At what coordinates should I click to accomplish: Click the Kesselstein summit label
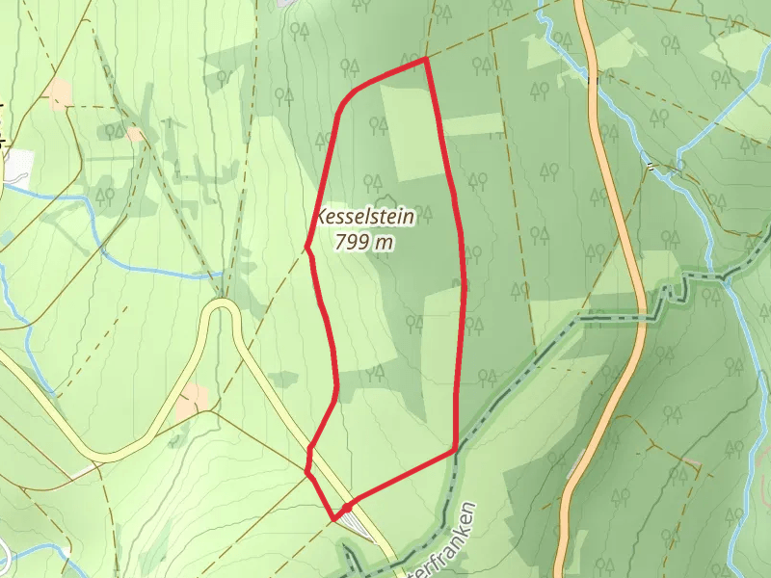pos(366,218)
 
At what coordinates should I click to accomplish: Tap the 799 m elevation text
pos(364,243)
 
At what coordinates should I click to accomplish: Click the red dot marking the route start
pos(345,506)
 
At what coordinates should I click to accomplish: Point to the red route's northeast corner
pos(425,60)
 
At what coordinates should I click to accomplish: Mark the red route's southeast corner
pos(455,450)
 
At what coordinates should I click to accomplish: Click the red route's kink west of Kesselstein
pos(307,250)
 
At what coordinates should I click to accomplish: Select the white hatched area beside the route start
pos(358,524)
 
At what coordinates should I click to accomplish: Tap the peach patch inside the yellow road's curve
pos(193,400)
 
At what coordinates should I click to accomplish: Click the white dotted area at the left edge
pos(17,164)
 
